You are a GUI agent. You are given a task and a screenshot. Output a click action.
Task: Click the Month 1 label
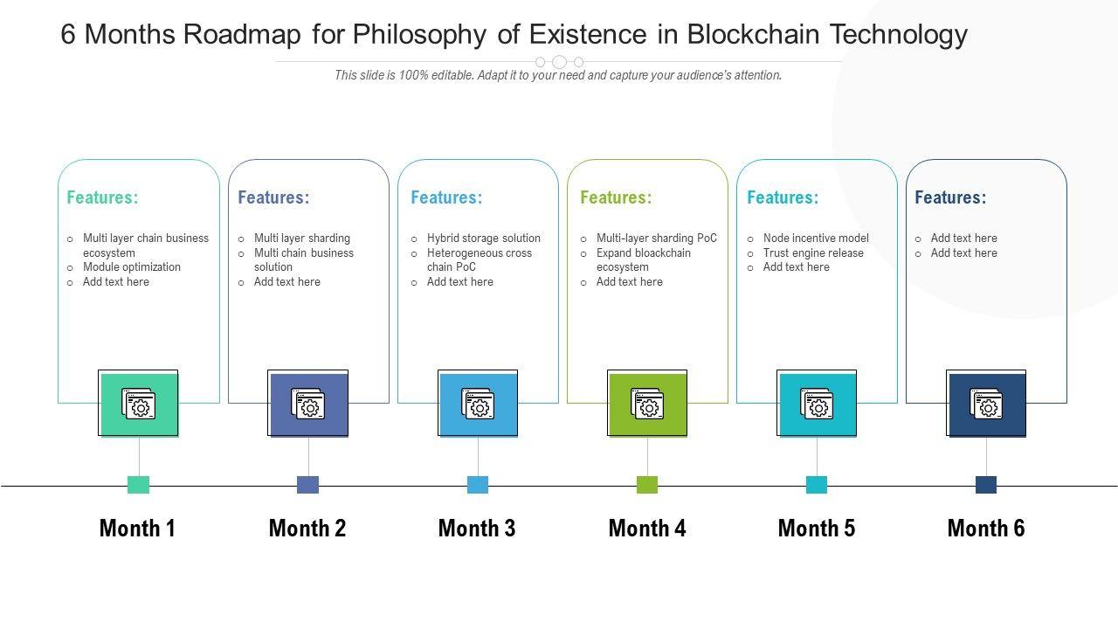click(x=137, y=529)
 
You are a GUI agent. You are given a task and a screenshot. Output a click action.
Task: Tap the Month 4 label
click(x=647, y=529)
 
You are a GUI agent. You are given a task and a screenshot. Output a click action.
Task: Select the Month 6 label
click(x=986, y=529)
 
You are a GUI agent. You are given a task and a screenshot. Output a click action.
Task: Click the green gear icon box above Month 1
click(x=139, y=404)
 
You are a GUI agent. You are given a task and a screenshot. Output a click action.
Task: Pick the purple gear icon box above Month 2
click(x=308, y=404)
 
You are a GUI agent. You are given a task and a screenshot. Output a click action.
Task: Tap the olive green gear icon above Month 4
click(x=647, y=404)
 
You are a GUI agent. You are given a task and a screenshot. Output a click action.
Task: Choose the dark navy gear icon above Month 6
click(x=986, y=404)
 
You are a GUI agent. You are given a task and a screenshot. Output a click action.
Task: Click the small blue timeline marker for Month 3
click(x=478, y=485)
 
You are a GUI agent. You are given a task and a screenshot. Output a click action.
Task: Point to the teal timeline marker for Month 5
click(x=817, y=485)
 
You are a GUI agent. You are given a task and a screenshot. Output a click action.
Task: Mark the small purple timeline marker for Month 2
click(x=308, y=485)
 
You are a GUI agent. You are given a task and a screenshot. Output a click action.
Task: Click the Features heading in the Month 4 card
click(x=616, y=197)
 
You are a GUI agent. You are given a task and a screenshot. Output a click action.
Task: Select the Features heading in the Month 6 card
click(x=950, y=197)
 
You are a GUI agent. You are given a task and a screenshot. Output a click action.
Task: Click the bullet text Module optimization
click(x=132, y=267)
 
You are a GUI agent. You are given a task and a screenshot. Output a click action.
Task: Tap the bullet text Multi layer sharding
click(x=302, y=238)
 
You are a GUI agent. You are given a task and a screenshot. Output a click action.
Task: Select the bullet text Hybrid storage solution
click(x=484, y=238)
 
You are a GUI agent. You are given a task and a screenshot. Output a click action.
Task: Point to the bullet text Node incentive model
click(x=816, y=238)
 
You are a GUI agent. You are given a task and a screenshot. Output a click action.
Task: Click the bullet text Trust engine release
click(x=813, y=253)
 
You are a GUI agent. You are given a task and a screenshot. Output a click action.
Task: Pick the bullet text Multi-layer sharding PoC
click(x=657, y=238)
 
